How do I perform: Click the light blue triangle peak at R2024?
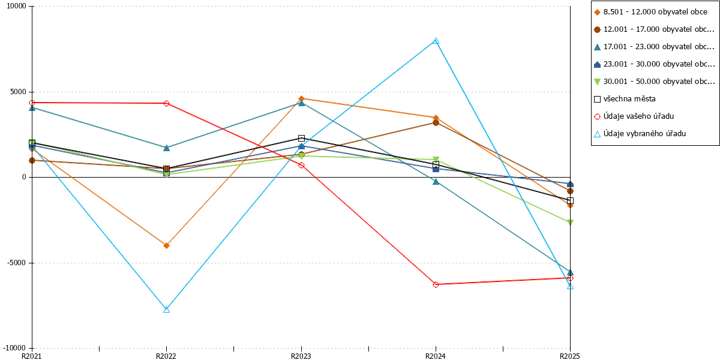click(436, 41)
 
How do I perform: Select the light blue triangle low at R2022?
click(167, 309)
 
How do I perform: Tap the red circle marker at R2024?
click(436, 284)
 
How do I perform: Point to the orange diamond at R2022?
click(167, 245)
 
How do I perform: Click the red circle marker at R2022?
click(167, 103)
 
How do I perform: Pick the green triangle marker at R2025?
click(570, 223)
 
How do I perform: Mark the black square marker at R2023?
click(301, 138)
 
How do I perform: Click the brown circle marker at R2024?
click(436, 122)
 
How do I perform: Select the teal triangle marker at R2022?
click(167, 148)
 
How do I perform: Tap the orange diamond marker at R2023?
click(301, 98)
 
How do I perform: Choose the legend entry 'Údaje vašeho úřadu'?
click(634, 116)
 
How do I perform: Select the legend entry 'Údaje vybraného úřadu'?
click(640, 134)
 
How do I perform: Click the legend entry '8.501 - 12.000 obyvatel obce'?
click(650, 12)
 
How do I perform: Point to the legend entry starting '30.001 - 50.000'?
click(655, 82)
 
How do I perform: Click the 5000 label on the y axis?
click(18, 92)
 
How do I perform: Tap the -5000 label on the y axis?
click(16, 263)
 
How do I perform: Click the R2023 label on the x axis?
click(301, 356)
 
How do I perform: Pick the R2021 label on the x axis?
click(31, 356)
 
